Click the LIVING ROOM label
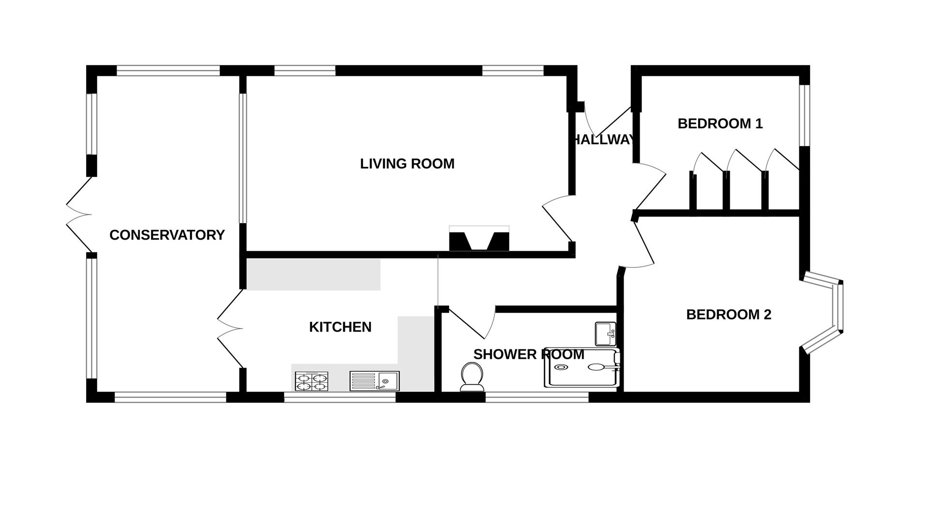(x=407, y=164)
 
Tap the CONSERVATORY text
(x=167, y=235)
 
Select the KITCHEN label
(x=340, y=327)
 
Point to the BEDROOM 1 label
(x=720, y=124)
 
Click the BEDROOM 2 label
(x=728, y=315)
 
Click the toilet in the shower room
(x=471, y=376)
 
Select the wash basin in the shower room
(x=605, y=333)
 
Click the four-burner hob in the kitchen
(x=311, y=381)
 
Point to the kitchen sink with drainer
(x=374, y=381)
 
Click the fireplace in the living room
(x=479, y=239)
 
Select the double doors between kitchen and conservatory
(x=229, y=329)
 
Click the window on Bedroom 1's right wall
(x=804, y=115)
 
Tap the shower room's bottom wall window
(x=537, y=397)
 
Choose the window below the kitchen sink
(x=340, y=397)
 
